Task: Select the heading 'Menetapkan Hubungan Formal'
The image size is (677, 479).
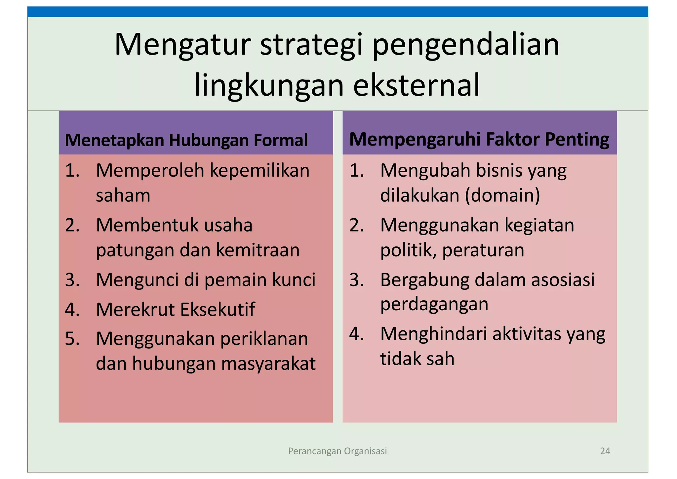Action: click(x=186, y=140)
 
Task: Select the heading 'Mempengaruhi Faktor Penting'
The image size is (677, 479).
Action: click(x=479, y=139)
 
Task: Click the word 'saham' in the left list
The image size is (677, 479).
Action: click(x=123, y=195)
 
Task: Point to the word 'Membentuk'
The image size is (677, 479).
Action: click(x=144, y=225)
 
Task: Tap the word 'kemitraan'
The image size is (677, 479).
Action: click(x=258, y=250)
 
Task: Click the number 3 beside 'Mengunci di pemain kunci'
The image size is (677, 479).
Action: click(x=72, y=280)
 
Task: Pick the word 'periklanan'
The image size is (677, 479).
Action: click(x=264, y=339)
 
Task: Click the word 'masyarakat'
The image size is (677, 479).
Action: click(x=268, y=363)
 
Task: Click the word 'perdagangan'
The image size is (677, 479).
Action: click(x=434, y=304)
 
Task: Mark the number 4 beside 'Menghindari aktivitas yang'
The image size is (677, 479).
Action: click(x=356, y=334)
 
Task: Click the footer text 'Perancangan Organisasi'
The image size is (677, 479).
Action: click(x=337, y=451)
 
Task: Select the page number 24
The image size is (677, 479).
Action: click(x=605, y=451)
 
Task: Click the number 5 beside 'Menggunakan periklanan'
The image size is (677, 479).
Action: click(x=72, y=339)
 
